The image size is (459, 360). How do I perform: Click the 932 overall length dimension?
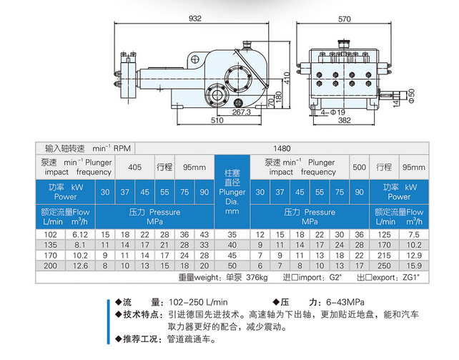point(195,19)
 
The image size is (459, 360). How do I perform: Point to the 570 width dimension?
point(345,19)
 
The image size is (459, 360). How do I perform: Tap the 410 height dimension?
point(287,78)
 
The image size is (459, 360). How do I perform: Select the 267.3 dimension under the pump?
point(242,112)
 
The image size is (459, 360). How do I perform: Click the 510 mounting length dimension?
point(217,120)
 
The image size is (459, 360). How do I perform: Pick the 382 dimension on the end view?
point(345,120)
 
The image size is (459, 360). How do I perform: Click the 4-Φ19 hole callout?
point(333,112)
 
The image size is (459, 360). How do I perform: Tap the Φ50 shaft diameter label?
point(411,96)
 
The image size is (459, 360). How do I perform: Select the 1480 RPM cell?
point(282,149)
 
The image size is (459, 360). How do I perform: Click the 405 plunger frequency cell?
point(134,167)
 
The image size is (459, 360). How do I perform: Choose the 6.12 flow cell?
point(80,235)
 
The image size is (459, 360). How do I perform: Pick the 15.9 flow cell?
point(414,266)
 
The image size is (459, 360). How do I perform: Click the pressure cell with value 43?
point(204,235)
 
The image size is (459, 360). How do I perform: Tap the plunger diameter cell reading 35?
point(232,235)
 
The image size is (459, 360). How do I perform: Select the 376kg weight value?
point(257,277)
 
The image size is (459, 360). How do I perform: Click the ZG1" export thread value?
point(411,277)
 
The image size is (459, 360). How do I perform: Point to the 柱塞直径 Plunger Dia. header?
point(232,192)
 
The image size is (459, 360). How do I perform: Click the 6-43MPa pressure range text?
point(345,302)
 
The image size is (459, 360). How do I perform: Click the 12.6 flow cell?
point(80,266)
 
